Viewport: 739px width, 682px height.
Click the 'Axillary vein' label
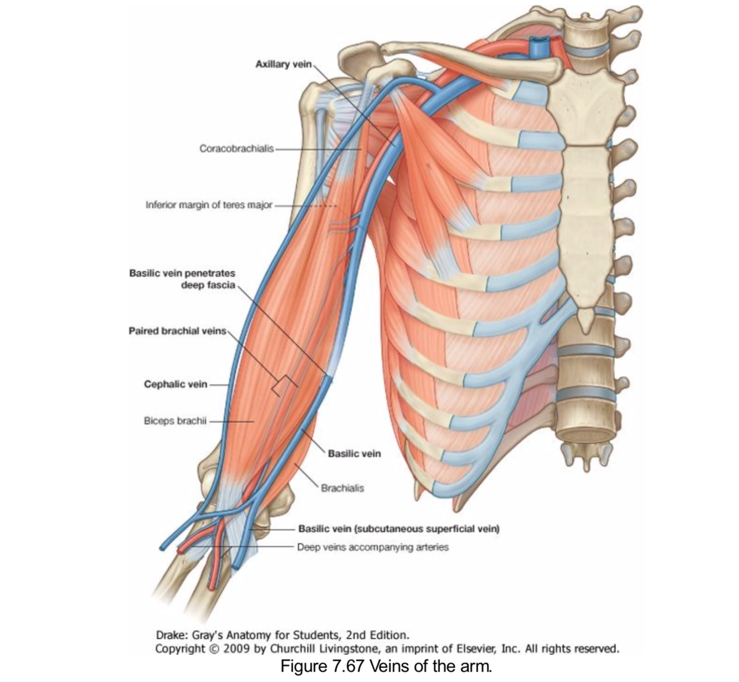(x=280, y=64)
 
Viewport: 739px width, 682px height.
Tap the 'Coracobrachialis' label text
(x=237, y=148)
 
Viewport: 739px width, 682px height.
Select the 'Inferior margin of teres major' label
(x=209, y=205)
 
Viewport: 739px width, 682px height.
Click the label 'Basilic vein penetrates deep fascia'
(x=182, y=279)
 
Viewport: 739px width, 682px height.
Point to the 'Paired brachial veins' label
(x=177, y=331)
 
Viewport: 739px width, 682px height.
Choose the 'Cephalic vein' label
(x=176, y=384)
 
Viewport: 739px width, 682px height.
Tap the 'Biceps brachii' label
(x=175, y=421)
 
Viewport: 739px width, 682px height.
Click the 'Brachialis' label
(x=342, y=488)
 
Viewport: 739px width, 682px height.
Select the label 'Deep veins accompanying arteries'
(x=372, y=547)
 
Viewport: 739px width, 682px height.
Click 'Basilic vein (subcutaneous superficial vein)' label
(x=398, y=529)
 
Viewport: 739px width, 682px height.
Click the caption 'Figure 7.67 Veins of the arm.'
(x=386, y=666)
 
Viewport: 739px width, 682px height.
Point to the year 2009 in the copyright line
(x=237, y=648)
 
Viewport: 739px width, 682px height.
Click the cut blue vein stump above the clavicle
(x=538, y=47)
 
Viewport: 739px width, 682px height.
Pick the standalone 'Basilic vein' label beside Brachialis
(x=354, y=454)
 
